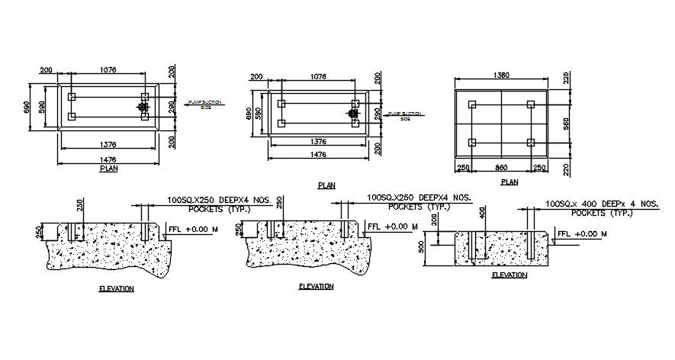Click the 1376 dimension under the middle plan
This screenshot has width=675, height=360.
317,142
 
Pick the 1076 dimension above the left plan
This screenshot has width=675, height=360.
108,69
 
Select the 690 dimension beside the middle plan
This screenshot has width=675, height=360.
249,114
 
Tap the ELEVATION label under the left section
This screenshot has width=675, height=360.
116,289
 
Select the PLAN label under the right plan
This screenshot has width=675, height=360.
509,182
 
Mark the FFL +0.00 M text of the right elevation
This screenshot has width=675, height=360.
582,233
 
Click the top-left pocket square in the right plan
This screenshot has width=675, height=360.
471,104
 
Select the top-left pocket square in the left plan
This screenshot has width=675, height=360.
72,98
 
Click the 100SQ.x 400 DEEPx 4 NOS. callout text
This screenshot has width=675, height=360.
602,204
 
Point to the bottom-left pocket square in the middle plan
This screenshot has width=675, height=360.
281,124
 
